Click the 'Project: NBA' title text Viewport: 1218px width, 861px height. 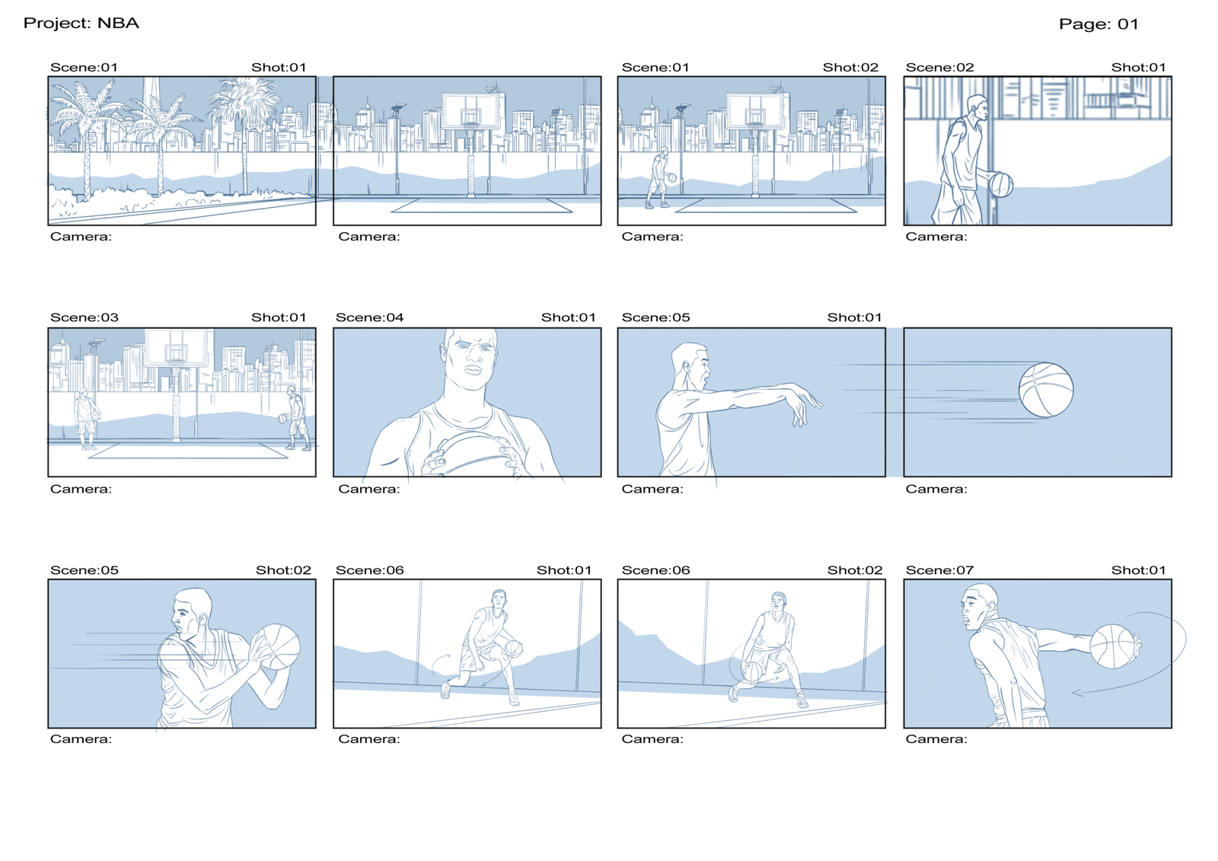coord(81,24)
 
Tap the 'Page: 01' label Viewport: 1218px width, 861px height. coord(1098,24)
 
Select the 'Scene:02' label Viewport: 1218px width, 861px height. coord(939,68)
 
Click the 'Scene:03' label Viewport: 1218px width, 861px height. coord(84,317)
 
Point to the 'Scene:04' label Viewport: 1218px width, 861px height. coord(370,317)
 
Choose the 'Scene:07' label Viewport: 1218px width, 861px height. coord(939,570)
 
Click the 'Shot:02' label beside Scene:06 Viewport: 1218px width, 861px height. coord(854,570)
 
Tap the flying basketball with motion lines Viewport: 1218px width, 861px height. coord(1046,390)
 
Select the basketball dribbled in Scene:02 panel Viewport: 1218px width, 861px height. coord(1001,185)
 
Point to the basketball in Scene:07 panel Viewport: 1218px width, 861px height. coord(1112,646)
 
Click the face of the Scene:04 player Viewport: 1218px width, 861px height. coord(471,356)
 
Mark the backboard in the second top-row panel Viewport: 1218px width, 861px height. coord(471,111)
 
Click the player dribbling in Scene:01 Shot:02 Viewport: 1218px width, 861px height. coord(658,178)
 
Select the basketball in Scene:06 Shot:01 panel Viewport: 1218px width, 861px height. coord(513,649)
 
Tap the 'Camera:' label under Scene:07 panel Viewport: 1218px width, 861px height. coord(936,739)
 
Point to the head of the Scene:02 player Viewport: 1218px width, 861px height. coord(977,110)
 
